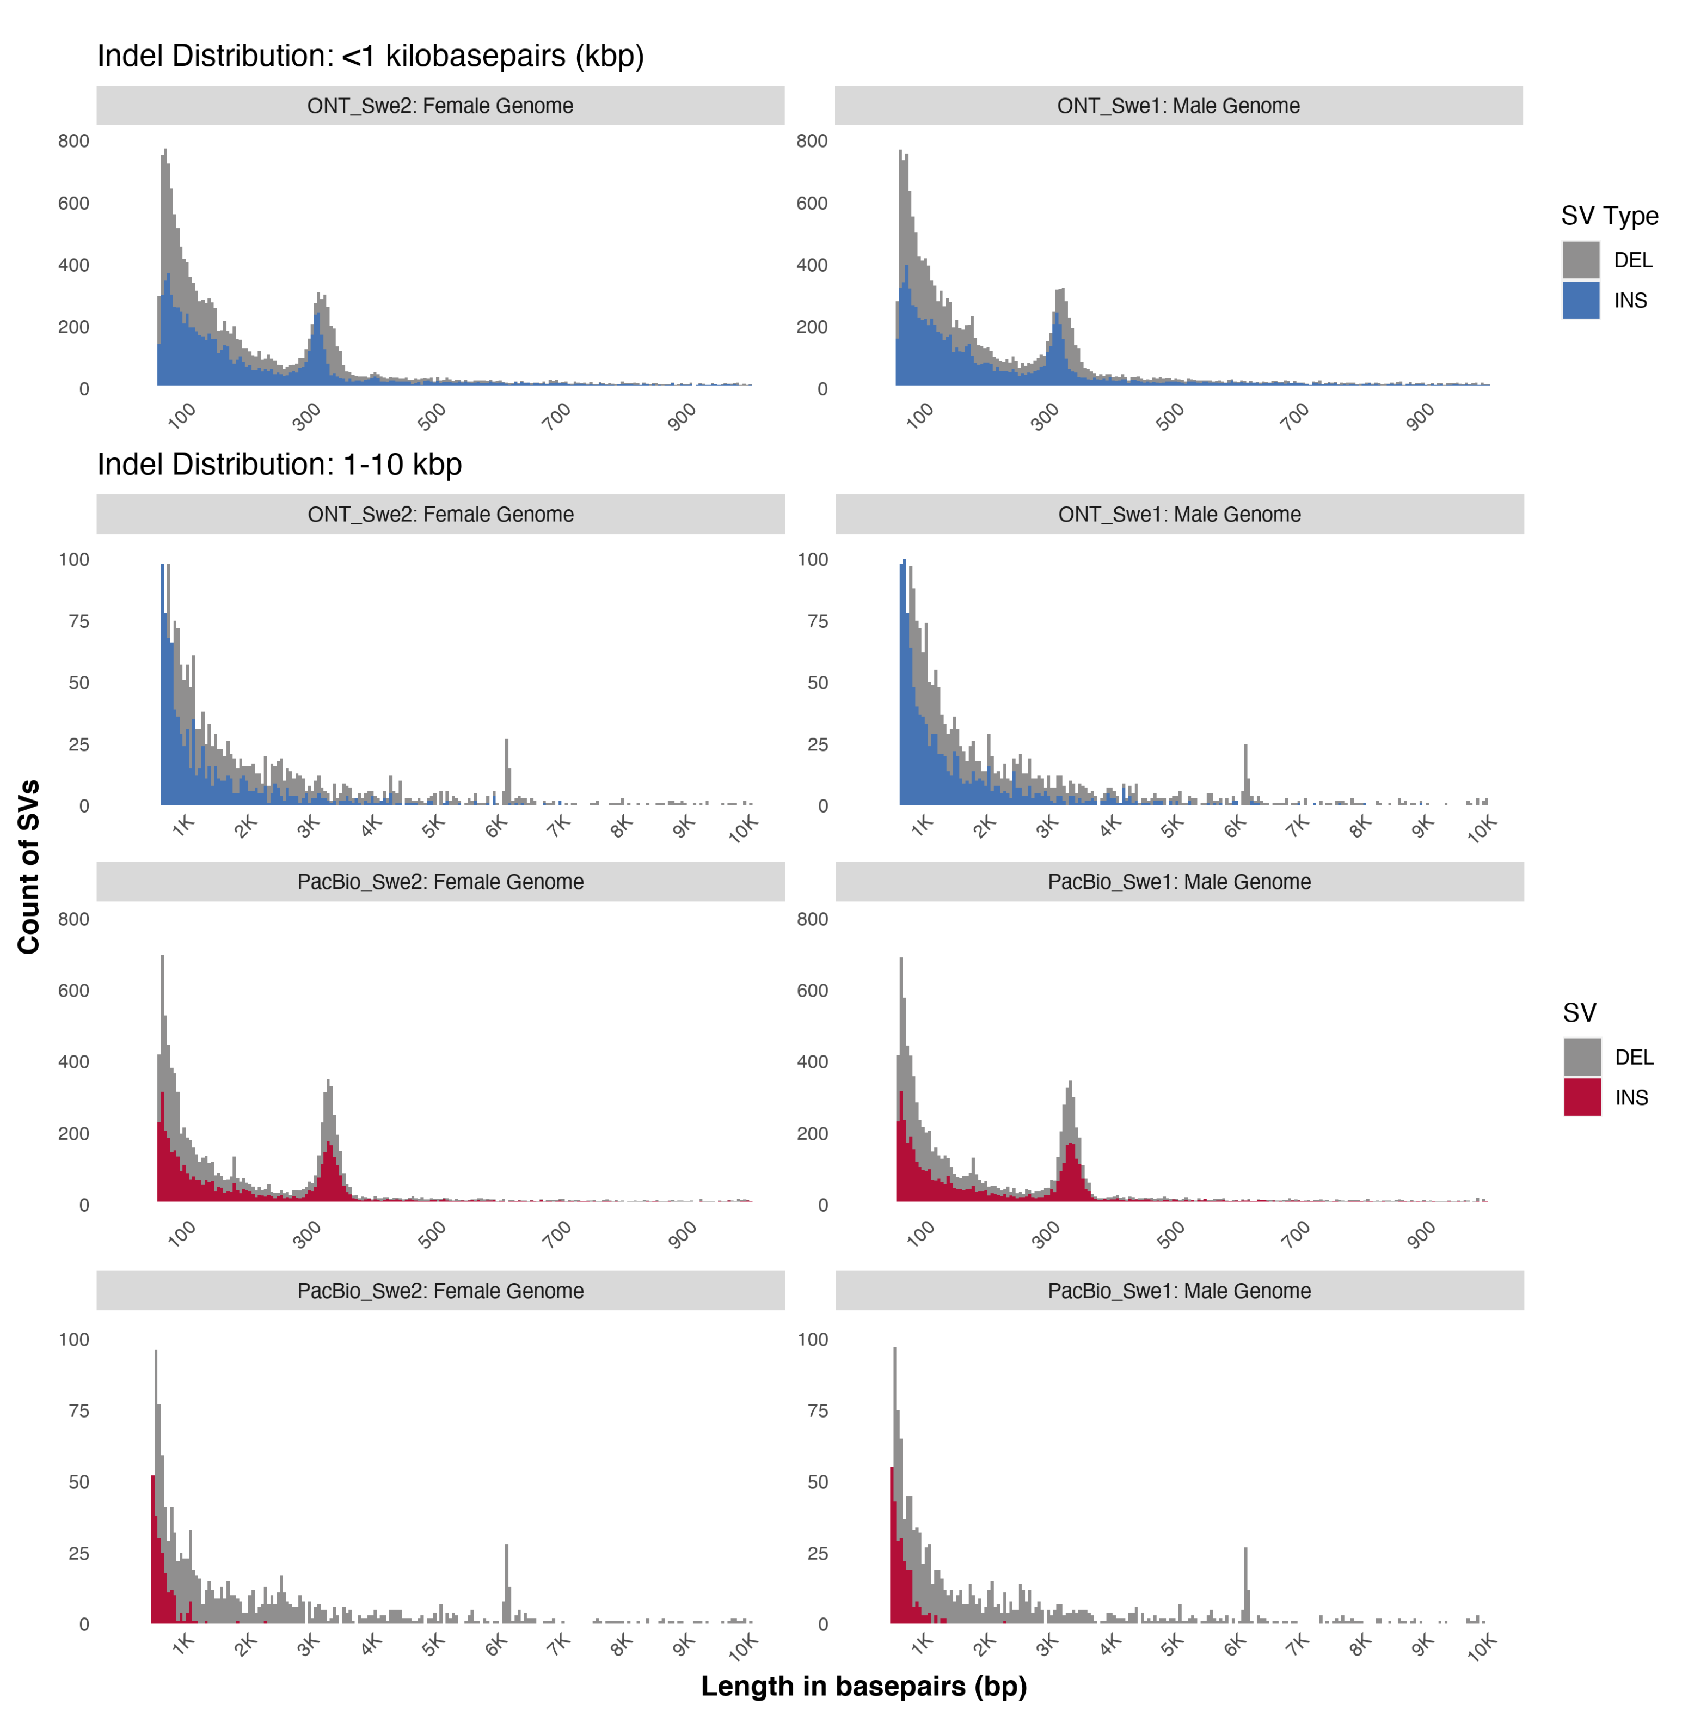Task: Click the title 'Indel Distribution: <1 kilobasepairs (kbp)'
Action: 370,56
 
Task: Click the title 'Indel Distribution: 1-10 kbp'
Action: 279,464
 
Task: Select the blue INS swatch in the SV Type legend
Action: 1580,301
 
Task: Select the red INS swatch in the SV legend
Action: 1581,1097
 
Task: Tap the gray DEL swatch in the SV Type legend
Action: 1580,260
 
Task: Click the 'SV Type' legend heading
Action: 1609,216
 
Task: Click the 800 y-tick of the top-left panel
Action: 73,141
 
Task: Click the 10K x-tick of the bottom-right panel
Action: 1482,1646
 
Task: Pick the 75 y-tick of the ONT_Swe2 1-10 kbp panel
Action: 78,621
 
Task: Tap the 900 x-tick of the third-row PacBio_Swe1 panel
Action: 1421,1233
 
